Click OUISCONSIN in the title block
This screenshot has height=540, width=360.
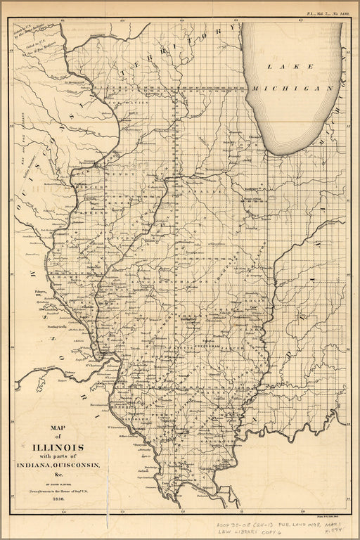coord(75,466)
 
